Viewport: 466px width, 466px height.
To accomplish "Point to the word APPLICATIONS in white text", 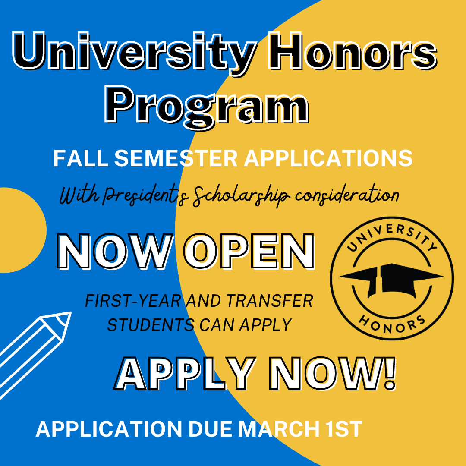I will coord(328,158).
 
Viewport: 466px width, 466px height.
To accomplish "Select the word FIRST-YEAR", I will coord(133,301).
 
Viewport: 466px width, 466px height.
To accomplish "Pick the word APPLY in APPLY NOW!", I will coord(186,374).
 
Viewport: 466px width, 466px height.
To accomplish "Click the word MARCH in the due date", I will coord(280,429).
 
